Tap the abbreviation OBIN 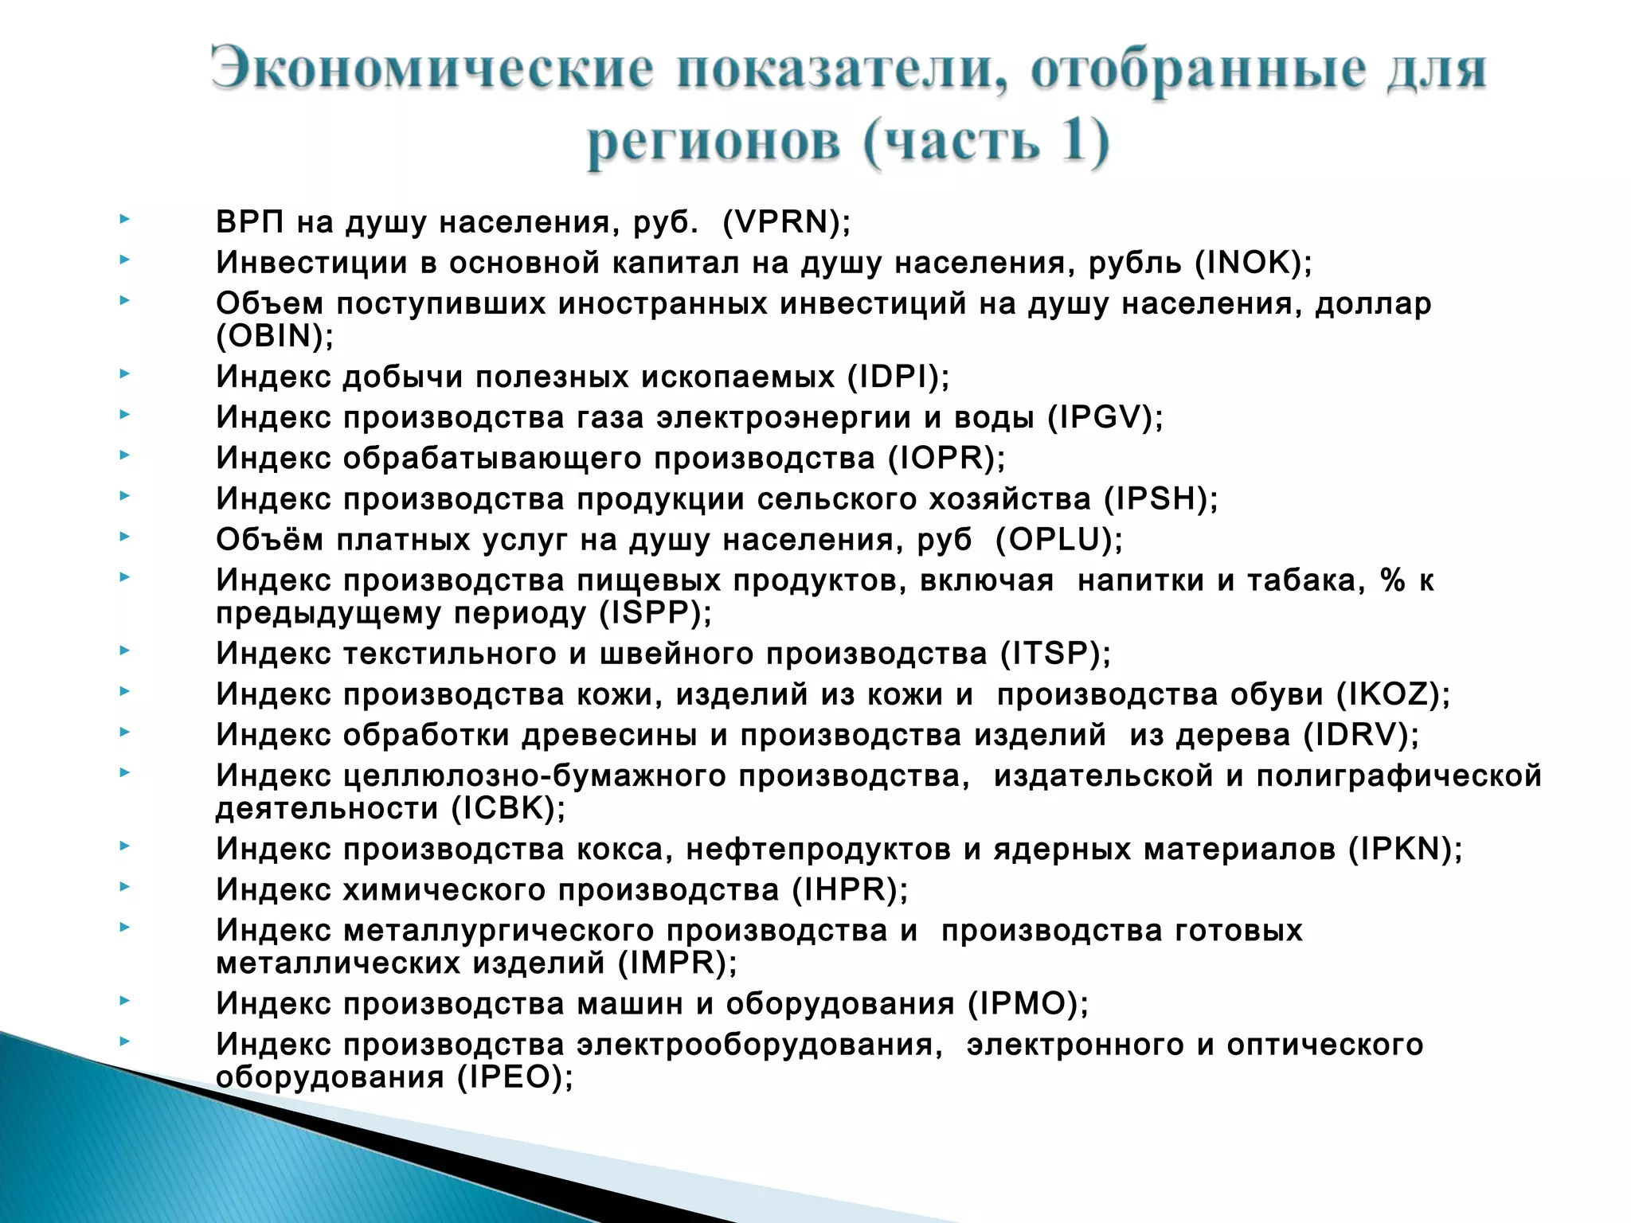pos(270,336)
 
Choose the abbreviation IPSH pos(1160,499)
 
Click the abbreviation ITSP pos(1052,654)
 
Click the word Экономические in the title pos(432,69)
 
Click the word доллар pos(1373,303)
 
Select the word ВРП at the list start pos(249,222)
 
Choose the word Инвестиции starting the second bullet pos(311,263)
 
